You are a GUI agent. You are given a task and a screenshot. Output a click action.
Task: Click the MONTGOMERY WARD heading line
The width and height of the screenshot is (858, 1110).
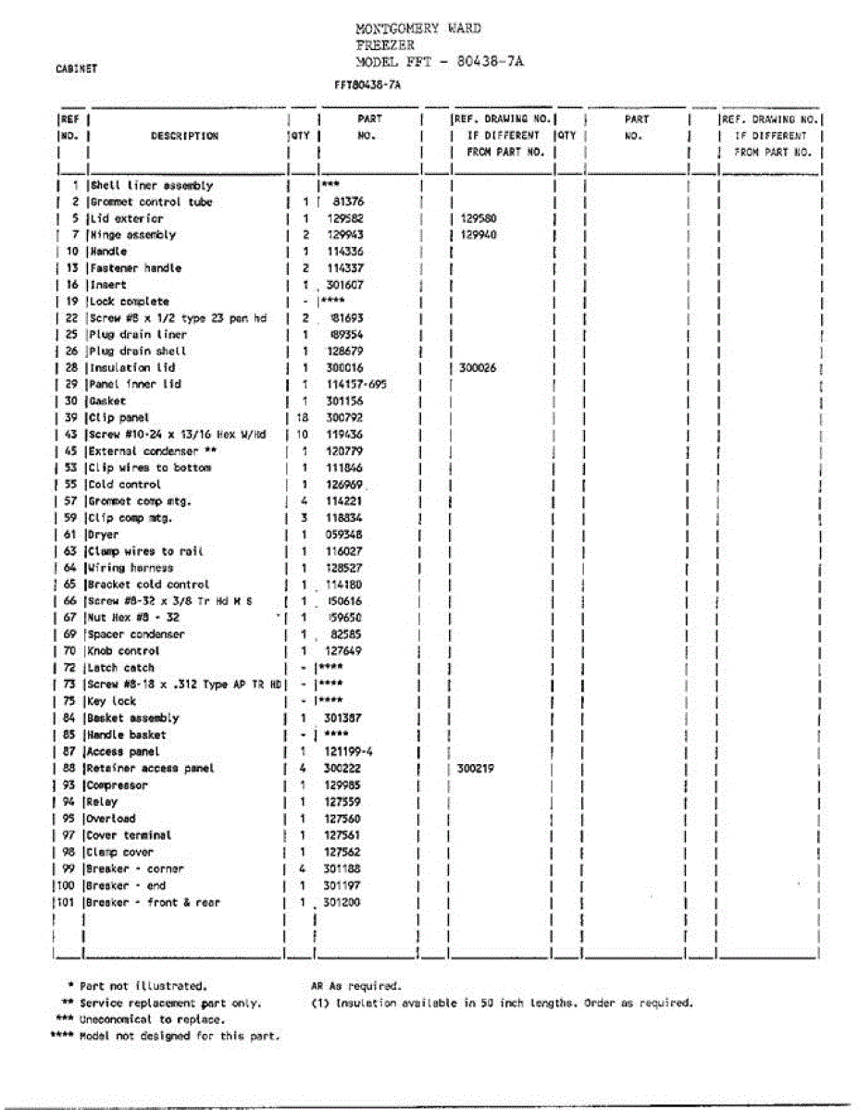click(x=418, y=29)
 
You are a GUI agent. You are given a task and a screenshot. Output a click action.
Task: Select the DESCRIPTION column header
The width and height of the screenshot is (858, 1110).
click(x=184, y=136)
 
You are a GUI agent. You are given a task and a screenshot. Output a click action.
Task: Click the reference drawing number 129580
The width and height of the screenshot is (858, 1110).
click(x=478, y=218)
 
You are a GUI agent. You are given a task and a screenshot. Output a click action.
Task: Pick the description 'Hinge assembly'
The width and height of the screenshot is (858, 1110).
click(x=131, y=235)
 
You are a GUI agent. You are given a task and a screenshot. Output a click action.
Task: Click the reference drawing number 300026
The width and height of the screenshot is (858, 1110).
click(x=478, y=368)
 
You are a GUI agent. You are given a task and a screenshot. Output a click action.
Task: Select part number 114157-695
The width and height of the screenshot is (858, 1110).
click(x=356, y=385)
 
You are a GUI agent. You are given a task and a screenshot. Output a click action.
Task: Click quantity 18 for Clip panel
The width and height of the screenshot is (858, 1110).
click(x=301, y=418)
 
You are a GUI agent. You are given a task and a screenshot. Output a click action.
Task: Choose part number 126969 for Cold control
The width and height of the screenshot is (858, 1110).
click(x=350, y=485)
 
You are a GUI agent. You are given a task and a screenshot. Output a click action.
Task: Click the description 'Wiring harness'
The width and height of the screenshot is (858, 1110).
click(x=131, y=568)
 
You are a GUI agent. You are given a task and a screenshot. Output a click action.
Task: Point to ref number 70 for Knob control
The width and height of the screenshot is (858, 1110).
click(x=69, y=651)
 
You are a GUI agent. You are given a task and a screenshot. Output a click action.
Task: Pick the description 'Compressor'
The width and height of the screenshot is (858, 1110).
click(x=118, y=785)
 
